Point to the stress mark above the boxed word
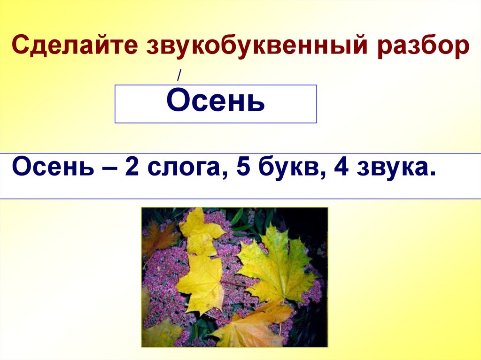[x=179, y=75]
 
